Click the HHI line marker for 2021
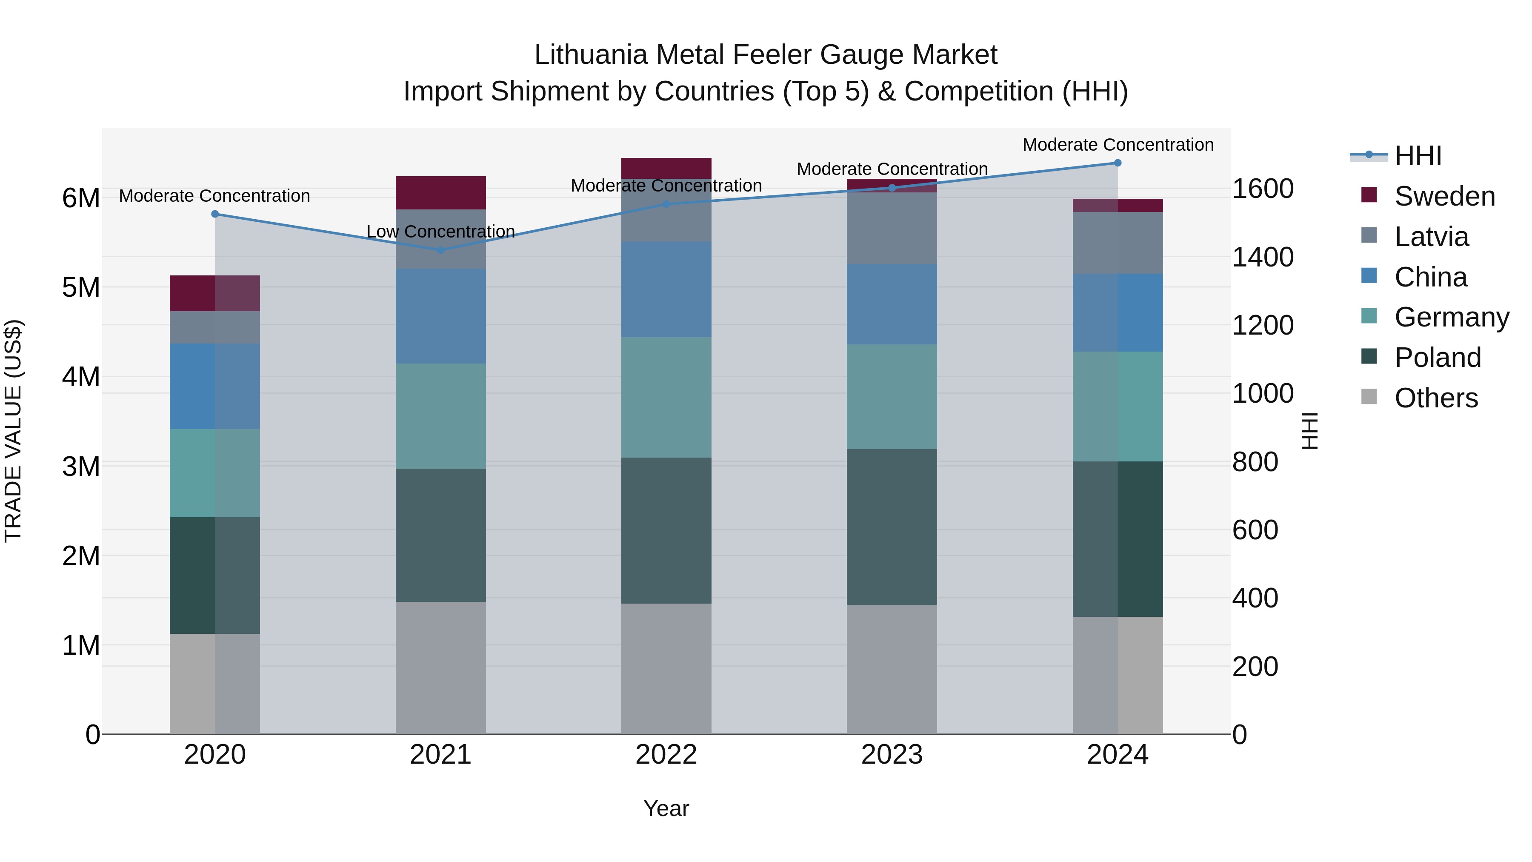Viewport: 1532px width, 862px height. point(441,250)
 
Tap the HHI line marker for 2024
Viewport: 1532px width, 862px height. point(1118,163)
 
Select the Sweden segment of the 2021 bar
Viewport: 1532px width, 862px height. point(441,193)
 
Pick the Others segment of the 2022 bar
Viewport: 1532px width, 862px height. point(666,669)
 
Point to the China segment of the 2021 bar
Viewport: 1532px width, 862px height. point(441,316)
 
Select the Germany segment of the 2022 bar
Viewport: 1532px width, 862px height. point(666,398)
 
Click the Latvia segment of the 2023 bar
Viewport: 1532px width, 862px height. point(892,229)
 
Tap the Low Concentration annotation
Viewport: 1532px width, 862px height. point(441,232)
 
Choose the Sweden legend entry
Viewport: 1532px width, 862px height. point(1444,196)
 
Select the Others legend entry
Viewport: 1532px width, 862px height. point(1436,398)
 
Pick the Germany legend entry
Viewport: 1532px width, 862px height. point(1451,317)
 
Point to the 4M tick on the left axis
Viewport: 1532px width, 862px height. point(81,377)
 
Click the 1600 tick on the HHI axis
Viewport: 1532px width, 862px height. point(1262,189)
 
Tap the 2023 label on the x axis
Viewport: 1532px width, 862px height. point(892,755)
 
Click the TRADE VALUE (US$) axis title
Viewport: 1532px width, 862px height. point(13,431)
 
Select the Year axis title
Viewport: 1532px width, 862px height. point(666,808)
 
